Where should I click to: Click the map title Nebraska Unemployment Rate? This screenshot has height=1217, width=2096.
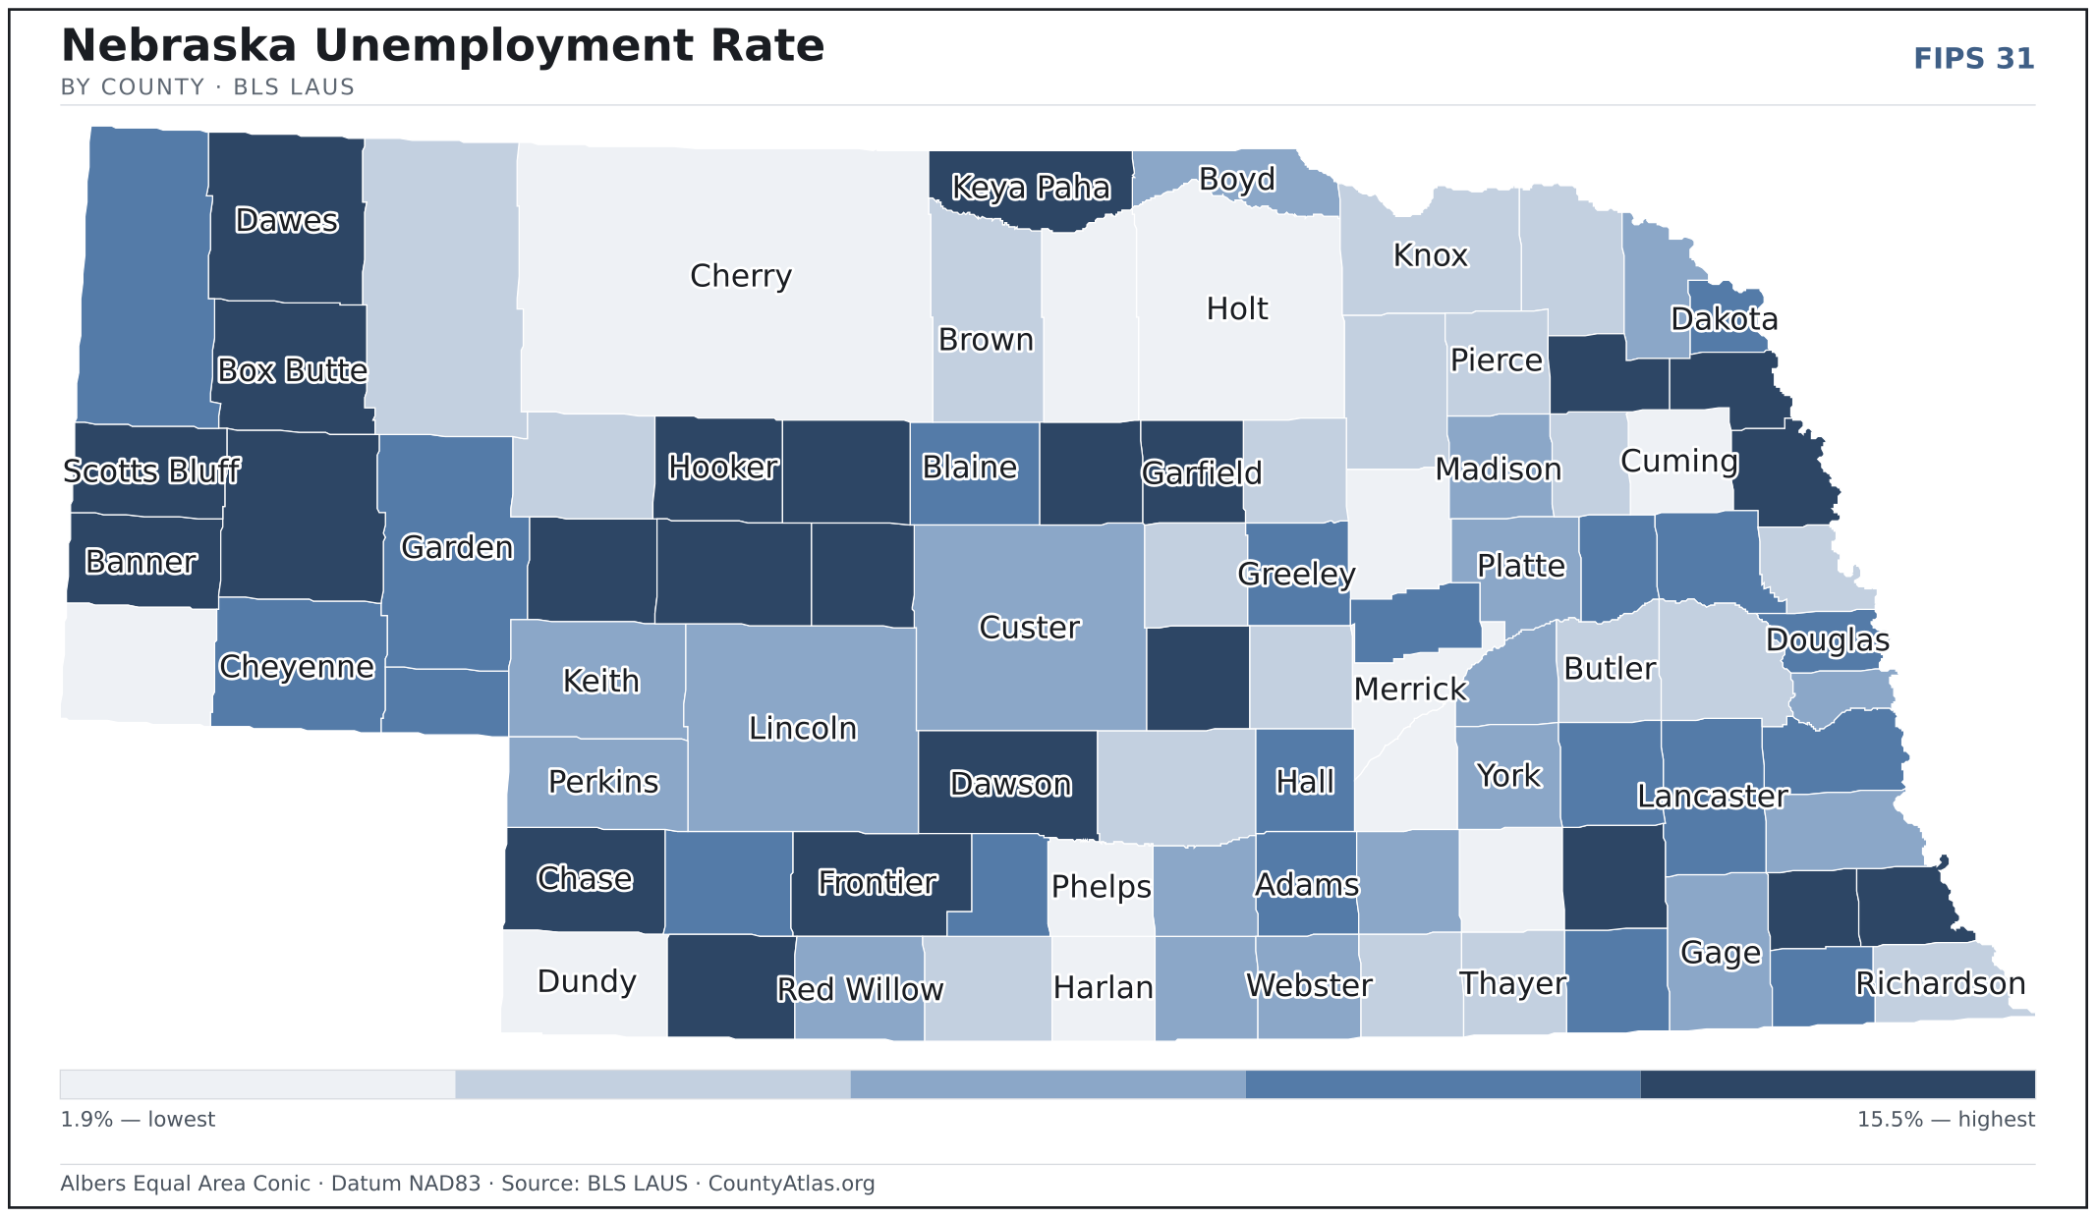(x=442, y=45)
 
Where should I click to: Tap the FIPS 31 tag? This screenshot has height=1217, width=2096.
(x=1973, y=59)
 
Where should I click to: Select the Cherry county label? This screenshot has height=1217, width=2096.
(x=741, y=276)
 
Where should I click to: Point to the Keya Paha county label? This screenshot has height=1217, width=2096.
(x=1031, y=188)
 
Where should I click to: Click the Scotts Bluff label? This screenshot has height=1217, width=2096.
(x=151, y=471)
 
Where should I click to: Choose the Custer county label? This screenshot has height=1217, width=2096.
(x=1030, y=628)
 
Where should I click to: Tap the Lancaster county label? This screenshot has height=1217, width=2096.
(x=1713, y=797)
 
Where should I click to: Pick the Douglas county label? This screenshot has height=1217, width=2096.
(x=1828, y=640)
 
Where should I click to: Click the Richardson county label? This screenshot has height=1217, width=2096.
(x=1941, y=983)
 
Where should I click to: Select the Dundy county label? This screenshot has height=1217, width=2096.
(x=587, y=981)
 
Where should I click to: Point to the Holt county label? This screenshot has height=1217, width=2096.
(x=1237, y=309)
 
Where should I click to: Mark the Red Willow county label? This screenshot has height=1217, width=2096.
(x=860, y=989)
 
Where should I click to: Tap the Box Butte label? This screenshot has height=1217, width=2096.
(x=292, y=370)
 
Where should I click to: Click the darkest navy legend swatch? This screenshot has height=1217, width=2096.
(x=1838, y=1084)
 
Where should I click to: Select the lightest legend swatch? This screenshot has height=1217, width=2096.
(x=257, y=1084)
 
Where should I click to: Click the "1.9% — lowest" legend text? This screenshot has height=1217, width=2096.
(x=138, y=1120)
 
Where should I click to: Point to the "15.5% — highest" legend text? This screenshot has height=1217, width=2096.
(x=1946, y=1120)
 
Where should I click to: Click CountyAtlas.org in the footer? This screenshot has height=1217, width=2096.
(x=791, y=1184)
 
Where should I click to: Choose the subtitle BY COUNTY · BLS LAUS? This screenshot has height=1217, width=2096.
(x=207, y=87)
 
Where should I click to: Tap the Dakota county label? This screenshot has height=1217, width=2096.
(x=1725, y=319)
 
